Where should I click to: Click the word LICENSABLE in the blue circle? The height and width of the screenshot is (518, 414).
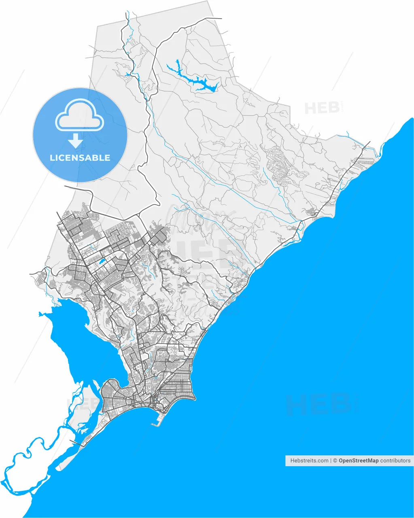click(80, 158)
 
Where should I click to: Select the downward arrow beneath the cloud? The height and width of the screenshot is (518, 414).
click(75, 140)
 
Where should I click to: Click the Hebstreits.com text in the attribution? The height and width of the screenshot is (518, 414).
click(309, 461)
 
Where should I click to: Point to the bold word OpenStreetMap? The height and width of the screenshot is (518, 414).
click(359, 461)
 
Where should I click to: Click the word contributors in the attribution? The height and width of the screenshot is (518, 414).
click(395, 461)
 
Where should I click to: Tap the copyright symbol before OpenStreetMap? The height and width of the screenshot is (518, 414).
click(335, 461)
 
